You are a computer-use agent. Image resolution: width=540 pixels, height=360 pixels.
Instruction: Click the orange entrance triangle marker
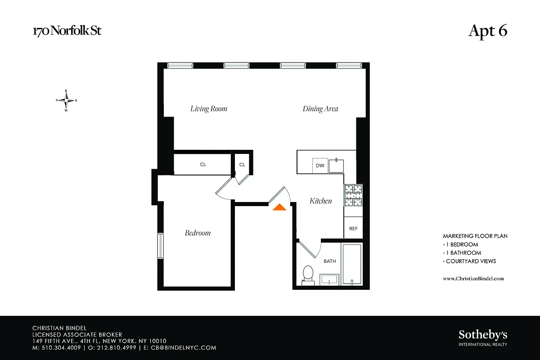[279, 207]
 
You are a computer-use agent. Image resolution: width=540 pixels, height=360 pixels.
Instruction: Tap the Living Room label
[209, 108]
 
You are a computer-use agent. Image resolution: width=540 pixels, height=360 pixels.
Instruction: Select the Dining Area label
[320, 108]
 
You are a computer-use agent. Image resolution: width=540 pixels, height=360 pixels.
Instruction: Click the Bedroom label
[198, 233]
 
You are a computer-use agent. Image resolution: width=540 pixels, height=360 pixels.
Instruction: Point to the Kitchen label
[320, 201]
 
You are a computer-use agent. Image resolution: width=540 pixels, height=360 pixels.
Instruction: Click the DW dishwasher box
[320, 165]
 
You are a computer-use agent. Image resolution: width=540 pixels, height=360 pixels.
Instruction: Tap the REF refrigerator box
[353, 228]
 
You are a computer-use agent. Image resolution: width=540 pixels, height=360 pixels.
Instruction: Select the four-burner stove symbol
[353, 195]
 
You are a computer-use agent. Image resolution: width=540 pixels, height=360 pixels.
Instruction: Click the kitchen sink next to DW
[336, 166]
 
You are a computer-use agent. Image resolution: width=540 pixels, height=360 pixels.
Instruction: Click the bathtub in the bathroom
[351, 264]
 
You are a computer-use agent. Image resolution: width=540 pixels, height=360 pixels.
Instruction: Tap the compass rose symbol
[66, 100]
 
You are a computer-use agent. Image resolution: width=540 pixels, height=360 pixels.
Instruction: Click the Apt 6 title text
[488, 31]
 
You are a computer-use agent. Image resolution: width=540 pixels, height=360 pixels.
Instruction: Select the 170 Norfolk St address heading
[70, 31]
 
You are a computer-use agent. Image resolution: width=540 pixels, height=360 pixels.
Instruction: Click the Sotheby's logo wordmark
[482, 335]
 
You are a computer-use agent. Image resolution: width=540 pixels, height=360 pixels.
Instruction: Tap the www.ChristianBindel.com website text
[473, 279]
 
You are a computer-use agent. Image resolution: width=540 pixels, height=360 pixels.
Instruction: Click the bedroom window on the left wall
[160, 246]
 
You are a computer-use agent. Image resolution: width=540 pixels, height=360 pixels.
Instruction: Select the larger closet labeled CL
[202, 164]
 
